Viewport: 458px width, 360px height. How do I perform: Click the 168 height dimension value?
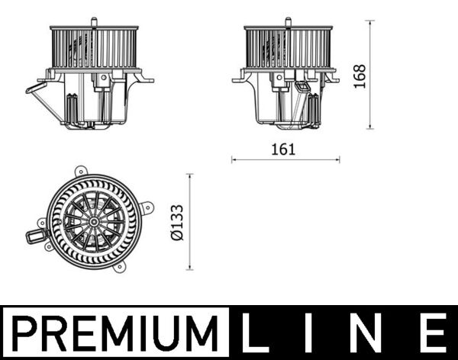click(x=360, y=76)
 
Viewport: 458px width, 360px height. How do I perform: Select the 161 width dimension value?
click(x=283, y=149)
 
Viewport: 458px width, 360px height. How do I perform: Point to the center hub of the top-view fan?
click(x=93, y=221)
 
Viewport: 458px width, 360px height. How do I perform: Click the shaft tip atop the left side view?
click(x=93, y=20)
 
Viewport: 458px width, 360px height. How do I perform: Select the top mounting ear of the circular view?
click(x=80, y=172)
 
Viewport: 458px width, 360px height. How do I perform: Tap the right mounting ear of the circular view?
click(x=147, y=207)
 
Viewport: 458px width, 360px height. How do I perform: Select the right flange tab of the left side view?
click(x=147, y=79)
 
